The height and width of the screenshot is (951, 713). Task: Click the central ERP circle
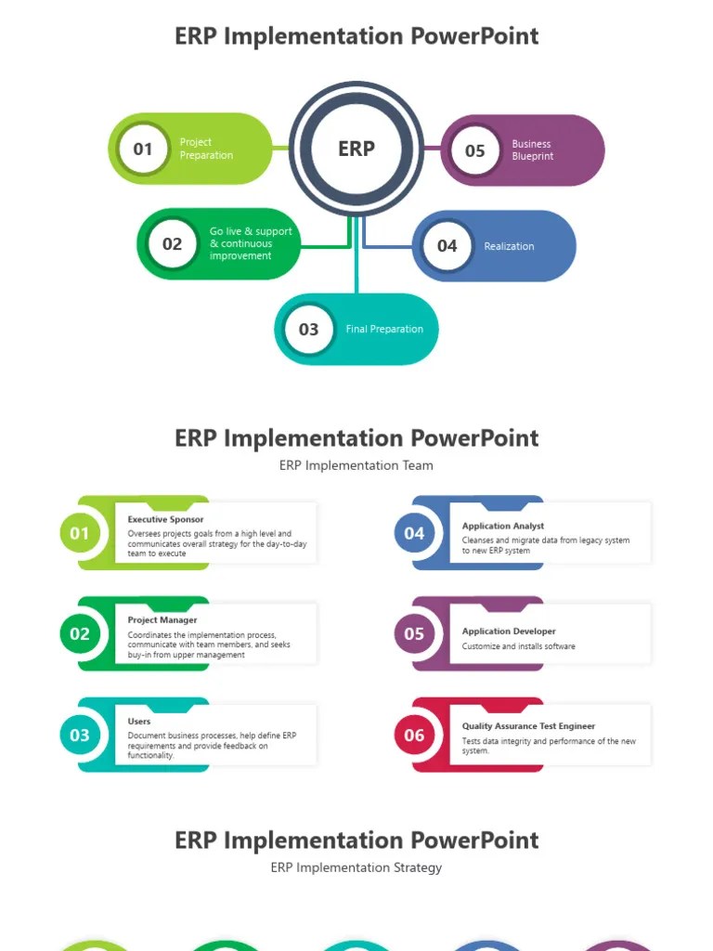tap(356, 149)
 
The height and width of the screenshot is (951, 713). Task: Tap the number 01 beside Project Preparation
tap(143, 149)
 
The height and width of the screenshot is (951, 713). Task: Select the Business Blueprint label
tap(532, 150)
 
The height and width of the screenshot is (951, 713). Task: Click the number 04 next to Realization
tap(447, 246)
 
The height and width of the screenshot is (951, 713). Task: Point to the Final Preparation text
tap(384, 329)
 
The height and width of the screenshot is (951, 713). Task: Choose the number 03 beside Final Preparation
tap(308, 329)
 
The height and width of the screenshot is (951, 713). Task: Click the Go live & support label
tap(251, 243)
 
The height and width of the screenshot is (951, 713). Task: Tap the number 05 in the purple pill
tap(474, 150)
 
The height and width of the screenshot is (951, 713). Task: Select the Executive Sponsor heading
tap(165, 519)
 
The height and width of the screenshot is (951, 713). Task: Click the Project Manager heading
tap(162, 619)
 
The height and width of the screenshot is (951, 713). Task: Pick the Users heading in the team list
tap(139, 721)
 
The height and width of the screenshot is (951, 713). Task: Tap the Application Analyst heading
tap(503, 526)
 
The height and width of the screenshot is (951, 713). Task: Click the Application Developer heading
tap(509, 631)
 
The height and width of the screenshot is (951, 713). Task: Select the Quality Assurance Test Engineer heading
tap(528, 726)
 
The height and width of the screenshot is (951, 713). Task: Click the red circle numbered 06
tap(414, 736)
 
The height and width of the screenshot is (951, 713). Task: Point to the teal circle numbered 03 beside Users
tap(80, 736)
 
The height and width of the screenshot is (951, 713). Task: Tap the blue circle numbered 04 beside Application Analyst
tap(414, 533)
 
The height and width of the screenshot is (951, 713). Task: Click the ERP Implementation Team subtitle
tap(356, 465)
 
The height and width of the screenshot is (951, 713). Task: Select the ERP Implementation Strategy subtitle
tap(356, 867)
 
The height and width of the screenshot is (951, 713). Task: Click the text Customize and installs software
tap(518, 646)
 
